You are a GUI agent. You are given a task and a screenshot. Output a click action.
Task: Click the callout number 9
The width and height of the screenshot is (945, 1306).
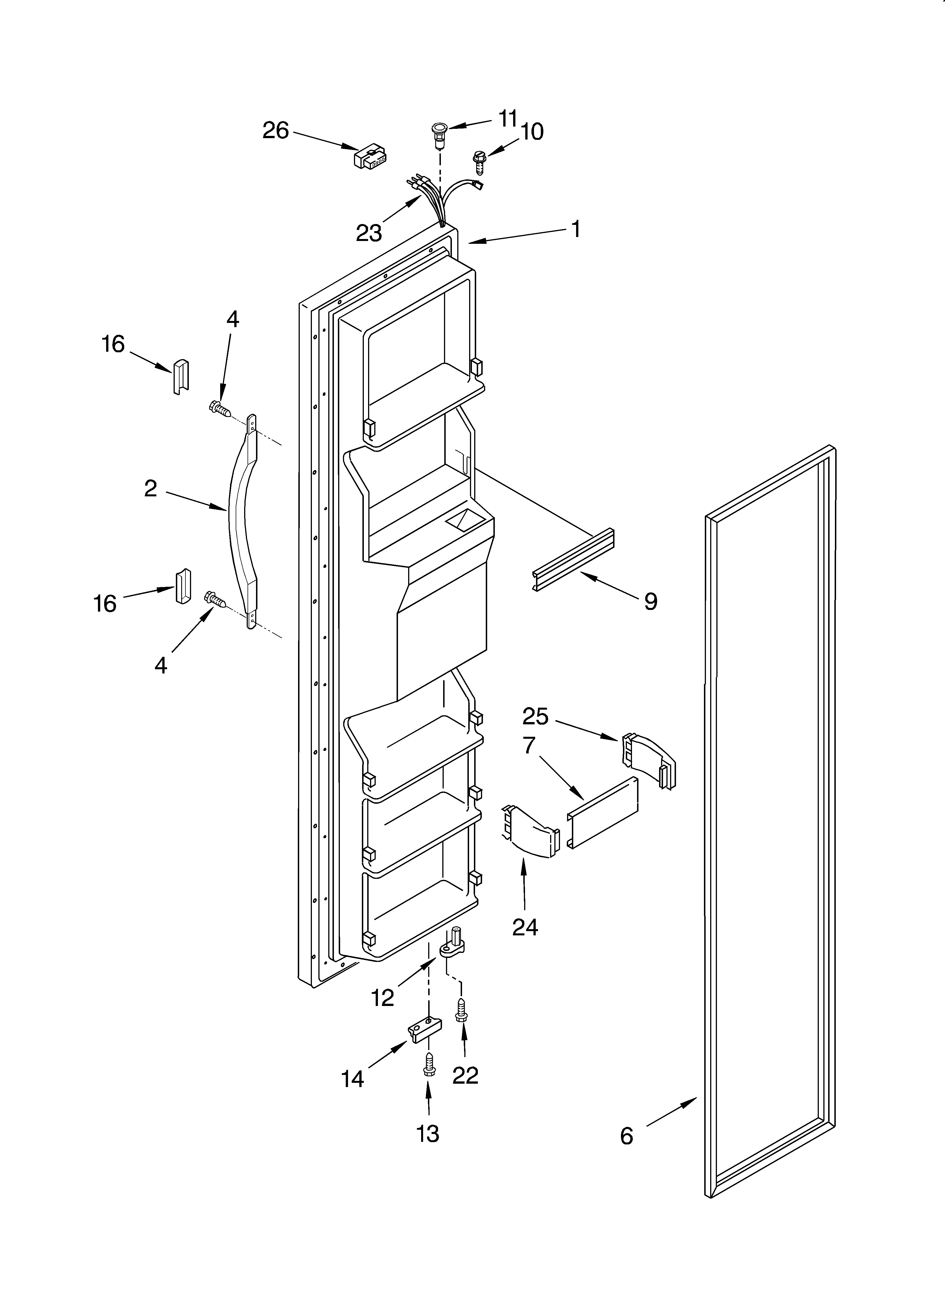coord(650,601)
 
